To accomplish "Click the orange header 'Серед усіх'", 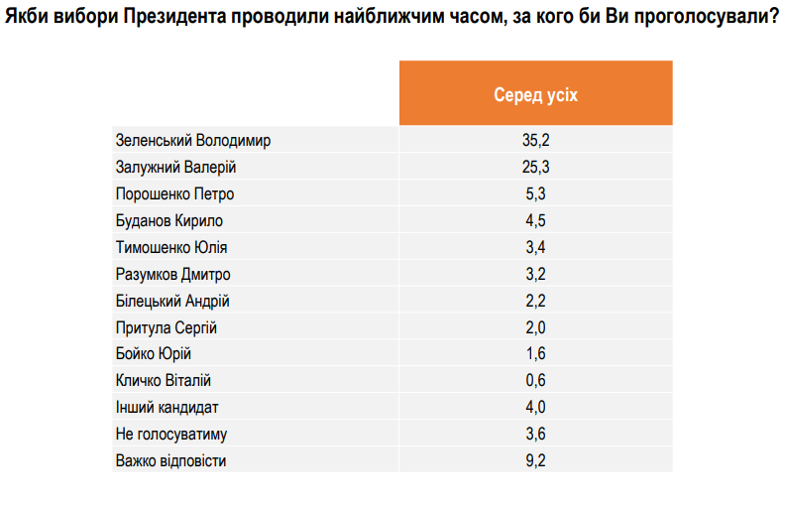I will pos(535,94).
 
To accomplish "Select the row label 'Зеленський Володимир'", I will pos(193,141).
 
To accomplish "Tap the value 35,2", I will pos(535,141).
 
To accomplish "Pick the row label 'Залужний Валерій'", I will pos(176,168).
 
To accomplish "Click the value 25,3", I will pos(535,168).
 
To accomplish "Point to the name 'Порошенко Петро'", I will pos(175,194).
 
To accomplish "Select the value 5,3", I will pos(535,194).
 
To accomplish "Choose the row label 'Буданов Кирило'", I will pos(169,221).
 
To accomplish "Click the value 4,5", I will pos(535,221).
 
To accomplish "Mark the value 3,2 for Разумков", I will pos(535,275).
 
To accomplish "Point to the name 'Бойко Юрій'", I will pos(154,354).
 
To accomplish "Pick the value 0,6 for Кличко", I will pos(535,381).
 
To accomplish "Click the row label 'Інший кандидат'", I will pos(168,408).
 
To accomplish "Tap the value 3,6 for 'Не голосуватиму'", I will pos(535,435).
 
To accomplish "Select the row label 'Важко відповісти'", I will pos(171,461).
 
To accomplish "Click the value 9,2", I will pos(535,461).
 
